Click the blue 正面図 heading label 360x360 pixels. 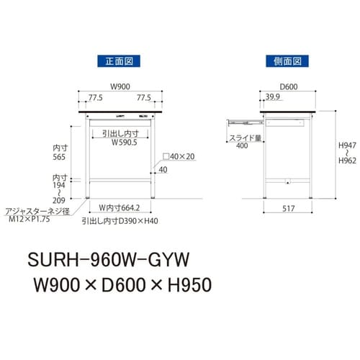click(119, 61)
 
